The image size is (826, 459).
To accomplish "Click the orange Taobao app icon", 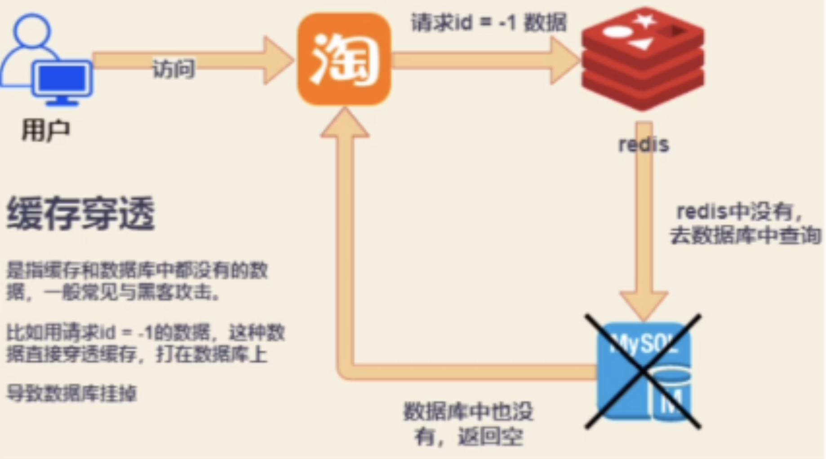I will [344, 59].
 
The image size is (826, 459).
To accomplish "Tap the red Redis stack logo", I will [643, 58].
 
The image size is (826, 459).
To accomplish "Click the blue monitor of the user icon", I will [62, 79].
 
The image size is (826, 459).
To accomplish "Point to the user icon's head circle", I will [31, 30].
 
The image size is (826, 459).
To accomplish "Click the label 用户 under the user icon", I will [45, 131].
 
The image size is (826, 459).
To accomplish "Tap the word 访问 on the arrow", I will [173, 69].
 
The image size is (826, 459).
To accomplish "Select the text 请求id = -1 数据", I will [488, 22].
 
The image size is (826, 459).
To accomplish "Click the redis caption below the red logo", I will [644, 145].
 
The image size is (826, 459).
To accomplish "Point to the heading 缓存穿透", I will [81, 213].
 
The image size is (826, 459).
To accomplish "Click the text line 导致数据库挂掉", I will [71, 393].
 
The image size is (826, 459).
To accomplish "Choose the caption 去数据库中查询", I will [745, 235].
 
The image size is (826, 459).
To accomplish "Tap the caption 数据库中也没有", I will [468, 411].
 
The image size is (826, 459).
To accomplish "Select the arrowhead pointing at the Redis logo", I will [564, 60].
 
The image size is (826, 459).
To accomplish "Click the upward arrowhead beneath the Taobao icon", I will [345, 124].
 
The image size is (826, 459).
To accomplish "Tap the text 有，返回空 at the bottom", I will [468, 436].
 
